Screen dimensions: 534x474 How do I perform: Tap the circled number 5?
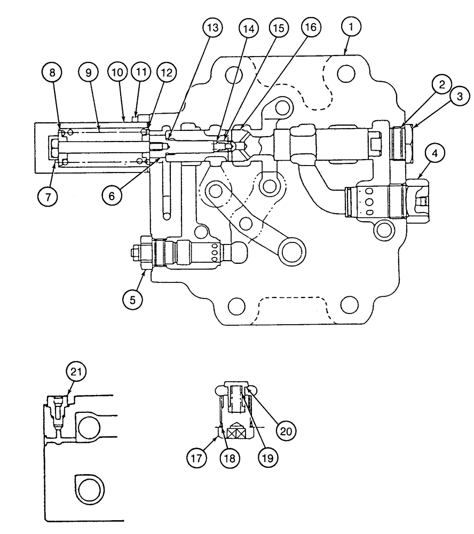(x=133, y=300)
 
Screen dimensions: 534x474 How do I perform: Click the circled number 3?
(x=461, y=96)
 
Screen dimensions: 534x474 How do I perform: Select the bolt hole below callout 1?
(x=345, y=72)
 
